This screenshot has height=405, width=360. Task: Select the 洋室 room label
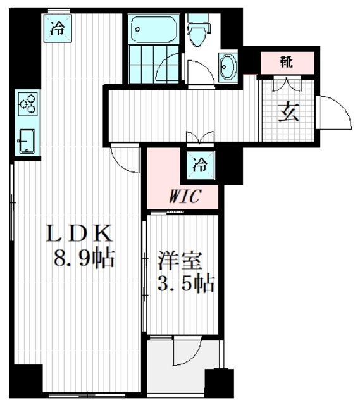pyautogui.click(x=175, y=259)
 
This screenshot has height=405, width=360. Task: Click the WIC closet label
pyautogui.click(x=183, y=197)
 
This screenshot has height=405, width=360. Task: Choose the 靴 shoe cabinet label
pyautogui.click(x=288, y=62)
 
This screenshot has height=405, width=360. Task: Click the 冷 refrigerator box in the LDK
pyautogui.click(x=58, y=27)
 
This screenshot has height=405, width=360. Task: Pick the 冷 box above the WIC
pyautogui.click(x=199, y=166)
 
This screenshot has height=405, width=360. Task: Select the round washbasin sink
pyautogui.click(x=228, y=66)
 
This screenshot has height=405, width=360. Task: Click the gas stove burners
pyautogui.click(x=28, y=103)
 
